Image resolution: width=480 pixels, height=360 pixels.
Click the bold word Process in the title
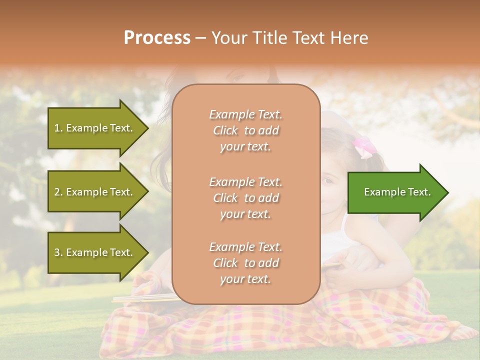(x=157, y=38)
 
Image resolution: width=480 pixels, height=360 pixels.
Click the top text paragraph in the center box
(x=245, y=130)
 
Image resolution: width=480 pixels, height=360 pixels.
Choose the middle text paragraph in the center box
(x=245, y=198)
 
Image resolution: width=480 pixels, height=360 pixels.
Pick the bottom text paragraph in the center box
(x=245, y=263)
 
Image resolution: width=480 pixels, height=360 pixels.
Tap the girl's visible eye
(x=327, y=181)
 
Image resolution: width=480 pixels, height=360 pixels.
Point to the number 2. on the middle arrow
(x=58, y=192)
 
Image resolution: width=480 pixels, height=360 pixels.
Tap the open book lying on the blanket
(x=140, y=298)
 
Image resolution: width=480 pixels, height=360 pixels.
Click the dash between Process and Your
(x=200, y=38)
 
